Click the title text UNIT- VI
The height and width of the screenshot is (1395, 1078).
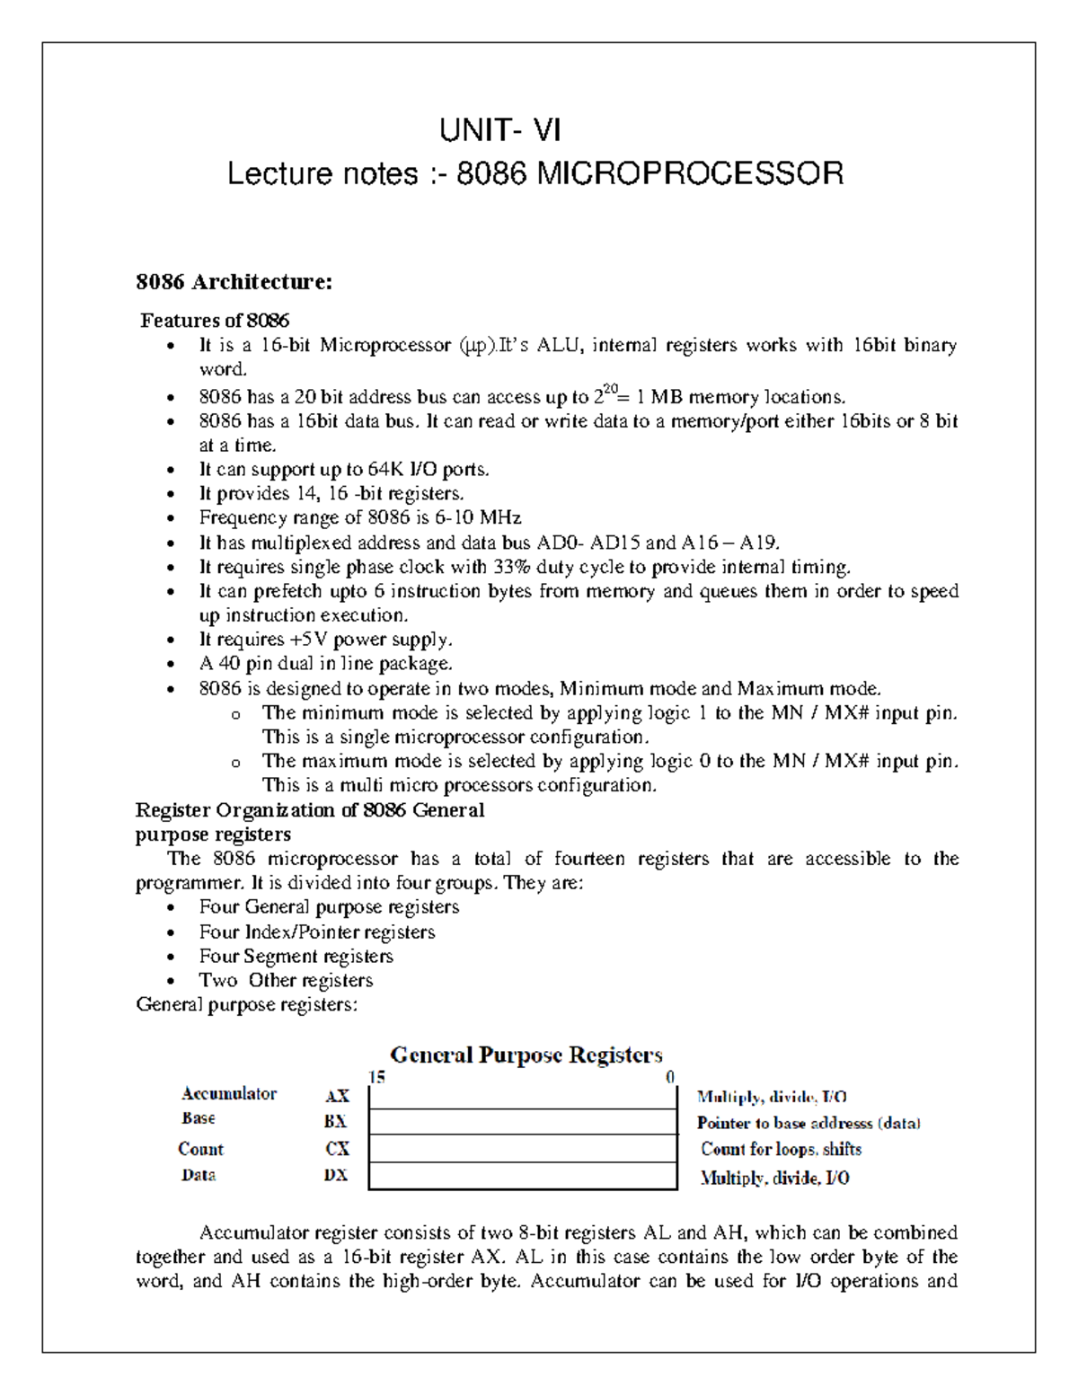[499, 131]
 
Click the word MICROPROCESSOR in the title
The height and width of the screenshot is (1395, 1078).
[689, 172]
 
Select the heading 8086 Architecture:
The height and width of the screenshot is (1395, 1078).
[234, 282]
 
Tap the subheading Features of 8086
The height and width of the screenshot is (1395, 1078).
[215, 321]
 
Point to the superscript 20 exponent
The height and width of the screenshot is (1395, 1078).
[611, 389]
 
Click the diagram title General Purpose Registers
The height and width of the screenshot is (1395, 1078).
[526, 1055]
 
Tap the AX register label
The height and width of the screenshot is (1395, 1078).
[337, 1096]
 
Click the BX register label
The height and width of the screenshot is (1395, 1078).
[335, 1122]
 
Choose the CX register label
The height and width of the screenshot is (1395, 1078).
[337, 1149]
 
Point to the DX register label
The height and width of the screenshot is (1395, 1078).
[335, 1175]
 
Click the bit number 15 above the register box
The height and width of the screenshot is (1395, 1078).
[377, 1077]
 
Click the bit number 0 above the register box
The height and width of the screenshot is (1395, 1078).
[670, 1077]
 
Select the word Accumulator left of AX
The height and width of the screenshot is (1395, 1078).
[229, 1093]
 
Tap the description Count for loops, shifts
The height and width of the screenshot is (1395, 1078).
[781, 1149]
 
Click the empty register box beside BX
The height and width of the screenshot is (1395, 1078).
[523, 1122]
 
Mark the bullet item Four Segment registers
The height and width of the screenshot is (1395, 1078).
[296, 956]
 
